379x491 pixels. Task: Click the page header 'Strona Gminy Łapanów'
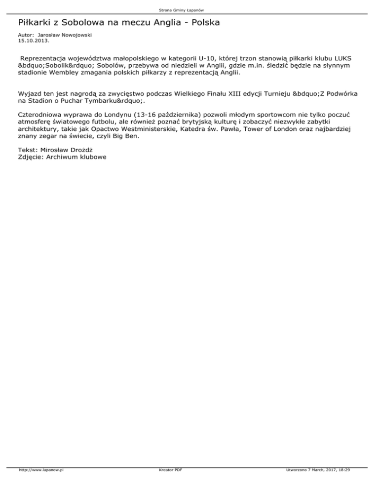pos(189,9)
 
